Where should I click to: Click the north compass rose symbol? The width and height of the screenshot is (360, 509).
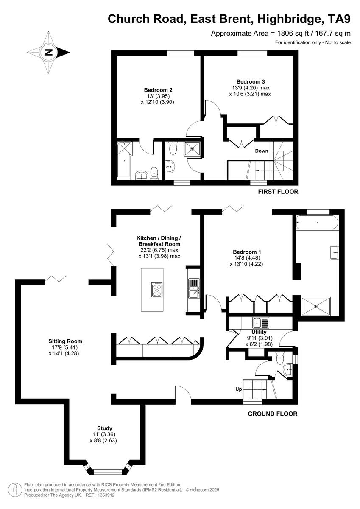[x=48, y=53]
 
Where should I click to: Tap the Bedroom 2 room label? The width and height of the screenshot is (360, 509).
[x=158, y=90]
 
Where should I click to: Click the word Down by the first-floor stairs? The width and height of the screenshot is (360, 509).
[x=261, y=151]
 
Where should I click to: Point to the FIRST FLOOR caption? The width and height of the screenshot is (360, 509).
[x=278, y=192]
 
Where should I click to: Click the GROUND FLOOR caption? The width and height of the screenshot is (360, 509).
[x=272, y=414]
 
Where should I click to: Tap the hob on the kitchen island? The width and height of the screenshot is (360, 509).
[x=156, y=290]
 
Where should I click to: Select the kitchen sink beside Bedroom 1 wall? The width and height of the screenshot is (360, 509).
[x=193, y=288]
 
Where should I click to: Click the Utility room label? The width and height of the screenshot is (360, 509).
[x=259, y=332]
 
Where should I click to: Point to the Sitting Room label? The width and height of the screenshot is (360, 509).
[x=65, y=341]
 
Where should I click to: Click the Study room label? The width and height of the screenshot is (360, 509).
[x=104, y=428]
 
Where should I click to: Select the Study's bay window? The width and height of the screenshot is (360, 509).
[x=107, y=471]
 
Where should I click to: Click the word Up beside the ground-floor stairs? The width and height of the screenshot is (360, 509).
[x=239, y=389]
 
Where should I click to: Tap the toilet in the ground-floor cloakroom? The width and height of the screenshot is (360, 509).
[x=279, y=360]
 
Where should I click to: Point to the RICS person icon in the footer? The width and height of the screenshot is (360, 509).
[x=15, y=489]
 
